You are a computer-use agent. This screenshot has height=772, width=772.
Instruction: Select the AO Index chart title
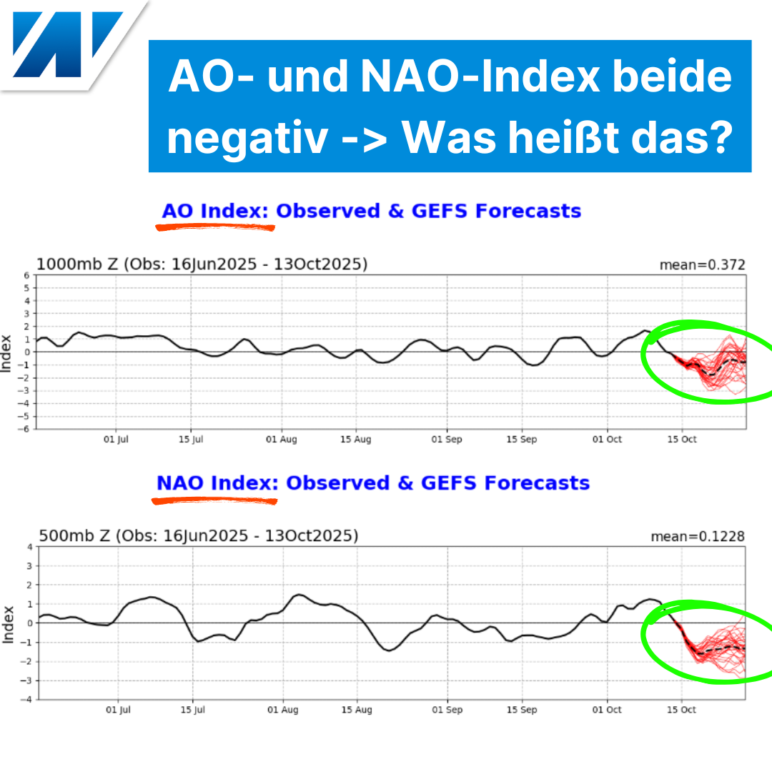[x=371, y=212]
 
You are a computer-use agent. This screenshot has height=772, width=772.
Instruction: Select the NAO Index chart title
[x=373, y=483]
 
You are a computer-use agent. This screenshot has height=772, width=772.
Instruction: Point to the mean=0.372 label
[x=702, y=265]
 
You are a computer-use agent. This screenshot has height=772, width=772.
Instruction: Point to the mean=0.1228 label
[x=698, y=536]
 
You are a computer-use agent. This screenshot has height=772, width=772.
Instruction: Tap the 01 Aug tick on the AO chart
[x=281, y=440]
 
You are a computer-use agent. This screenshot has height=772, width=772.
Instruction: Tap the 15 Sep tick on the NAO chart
[x=523, y=710]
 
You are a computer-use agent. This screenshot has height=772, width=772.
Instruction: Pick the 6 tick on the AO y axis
[x=26, y=275]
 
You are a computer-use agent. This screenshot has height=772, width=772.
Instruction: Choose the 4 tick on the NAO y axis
[x=29, y=547]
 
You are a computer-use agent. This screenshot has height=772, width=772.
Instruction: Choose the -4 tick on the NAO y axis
[x=27, y=700]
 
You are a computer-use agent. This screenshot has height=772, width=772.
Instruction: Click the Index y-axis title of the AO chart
[x=8, y=352]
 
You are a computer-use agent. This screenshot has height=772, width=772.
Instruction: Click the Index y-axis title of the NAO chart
[x=8, y=623]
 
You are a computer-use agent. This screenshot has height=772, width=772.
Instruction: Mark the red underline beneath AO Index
[x=215, y=228]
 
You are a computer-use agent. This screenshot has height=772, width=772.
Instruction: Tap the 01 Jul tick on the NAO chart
[x=119, y=710]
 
